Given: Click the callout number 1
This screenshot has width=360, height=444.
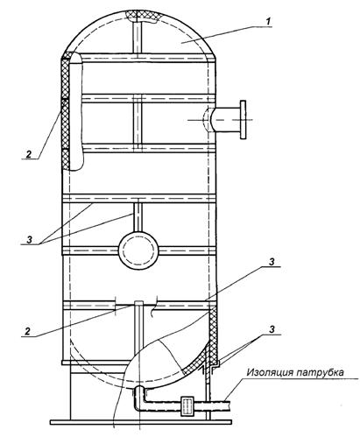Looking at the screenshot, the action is pos(268,21).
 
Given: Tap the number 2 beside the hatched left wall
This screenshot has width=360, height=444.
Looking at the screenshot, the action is pos(29,154).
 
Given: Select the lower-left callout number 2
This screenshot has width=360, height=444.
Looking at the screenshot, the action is pos(28,331).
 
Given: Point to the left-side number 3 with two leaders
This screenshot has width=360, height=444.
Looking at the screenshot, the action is pos(29,240).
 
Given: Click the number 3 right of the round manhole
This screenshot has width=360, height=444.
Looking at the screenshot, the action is pos(272,262).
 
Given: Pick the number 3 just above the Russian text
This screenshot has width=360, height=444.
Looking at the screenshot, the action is pos(272,329).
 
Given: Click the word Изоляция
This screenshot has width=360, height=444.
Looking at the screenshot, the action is pos(269,372).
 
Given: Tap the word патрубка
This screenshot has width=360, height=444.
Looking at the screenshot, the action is pos(320,373).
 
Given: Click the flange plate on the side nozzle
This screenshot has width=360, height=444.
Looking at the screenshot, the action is pos(243,119).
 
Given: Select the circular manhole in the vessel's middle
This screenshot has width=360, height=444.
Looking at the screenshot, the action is pos(138,250).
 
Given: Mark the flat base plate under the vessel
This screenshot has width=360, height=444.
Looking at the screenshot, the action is pos(141,422).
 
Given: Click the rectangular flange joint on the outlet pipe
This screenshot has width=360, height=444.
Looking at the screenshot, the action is pos(187,405).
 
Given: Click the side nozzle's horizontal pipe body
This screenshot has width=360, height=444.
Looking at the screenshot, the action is pos(225,120).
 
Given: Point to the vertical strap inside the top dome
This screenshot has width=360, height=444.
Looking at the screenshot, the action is pos(137,38).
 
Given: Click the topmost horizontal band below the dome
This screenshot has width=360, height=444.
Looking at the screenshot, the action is pos(139,58).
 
